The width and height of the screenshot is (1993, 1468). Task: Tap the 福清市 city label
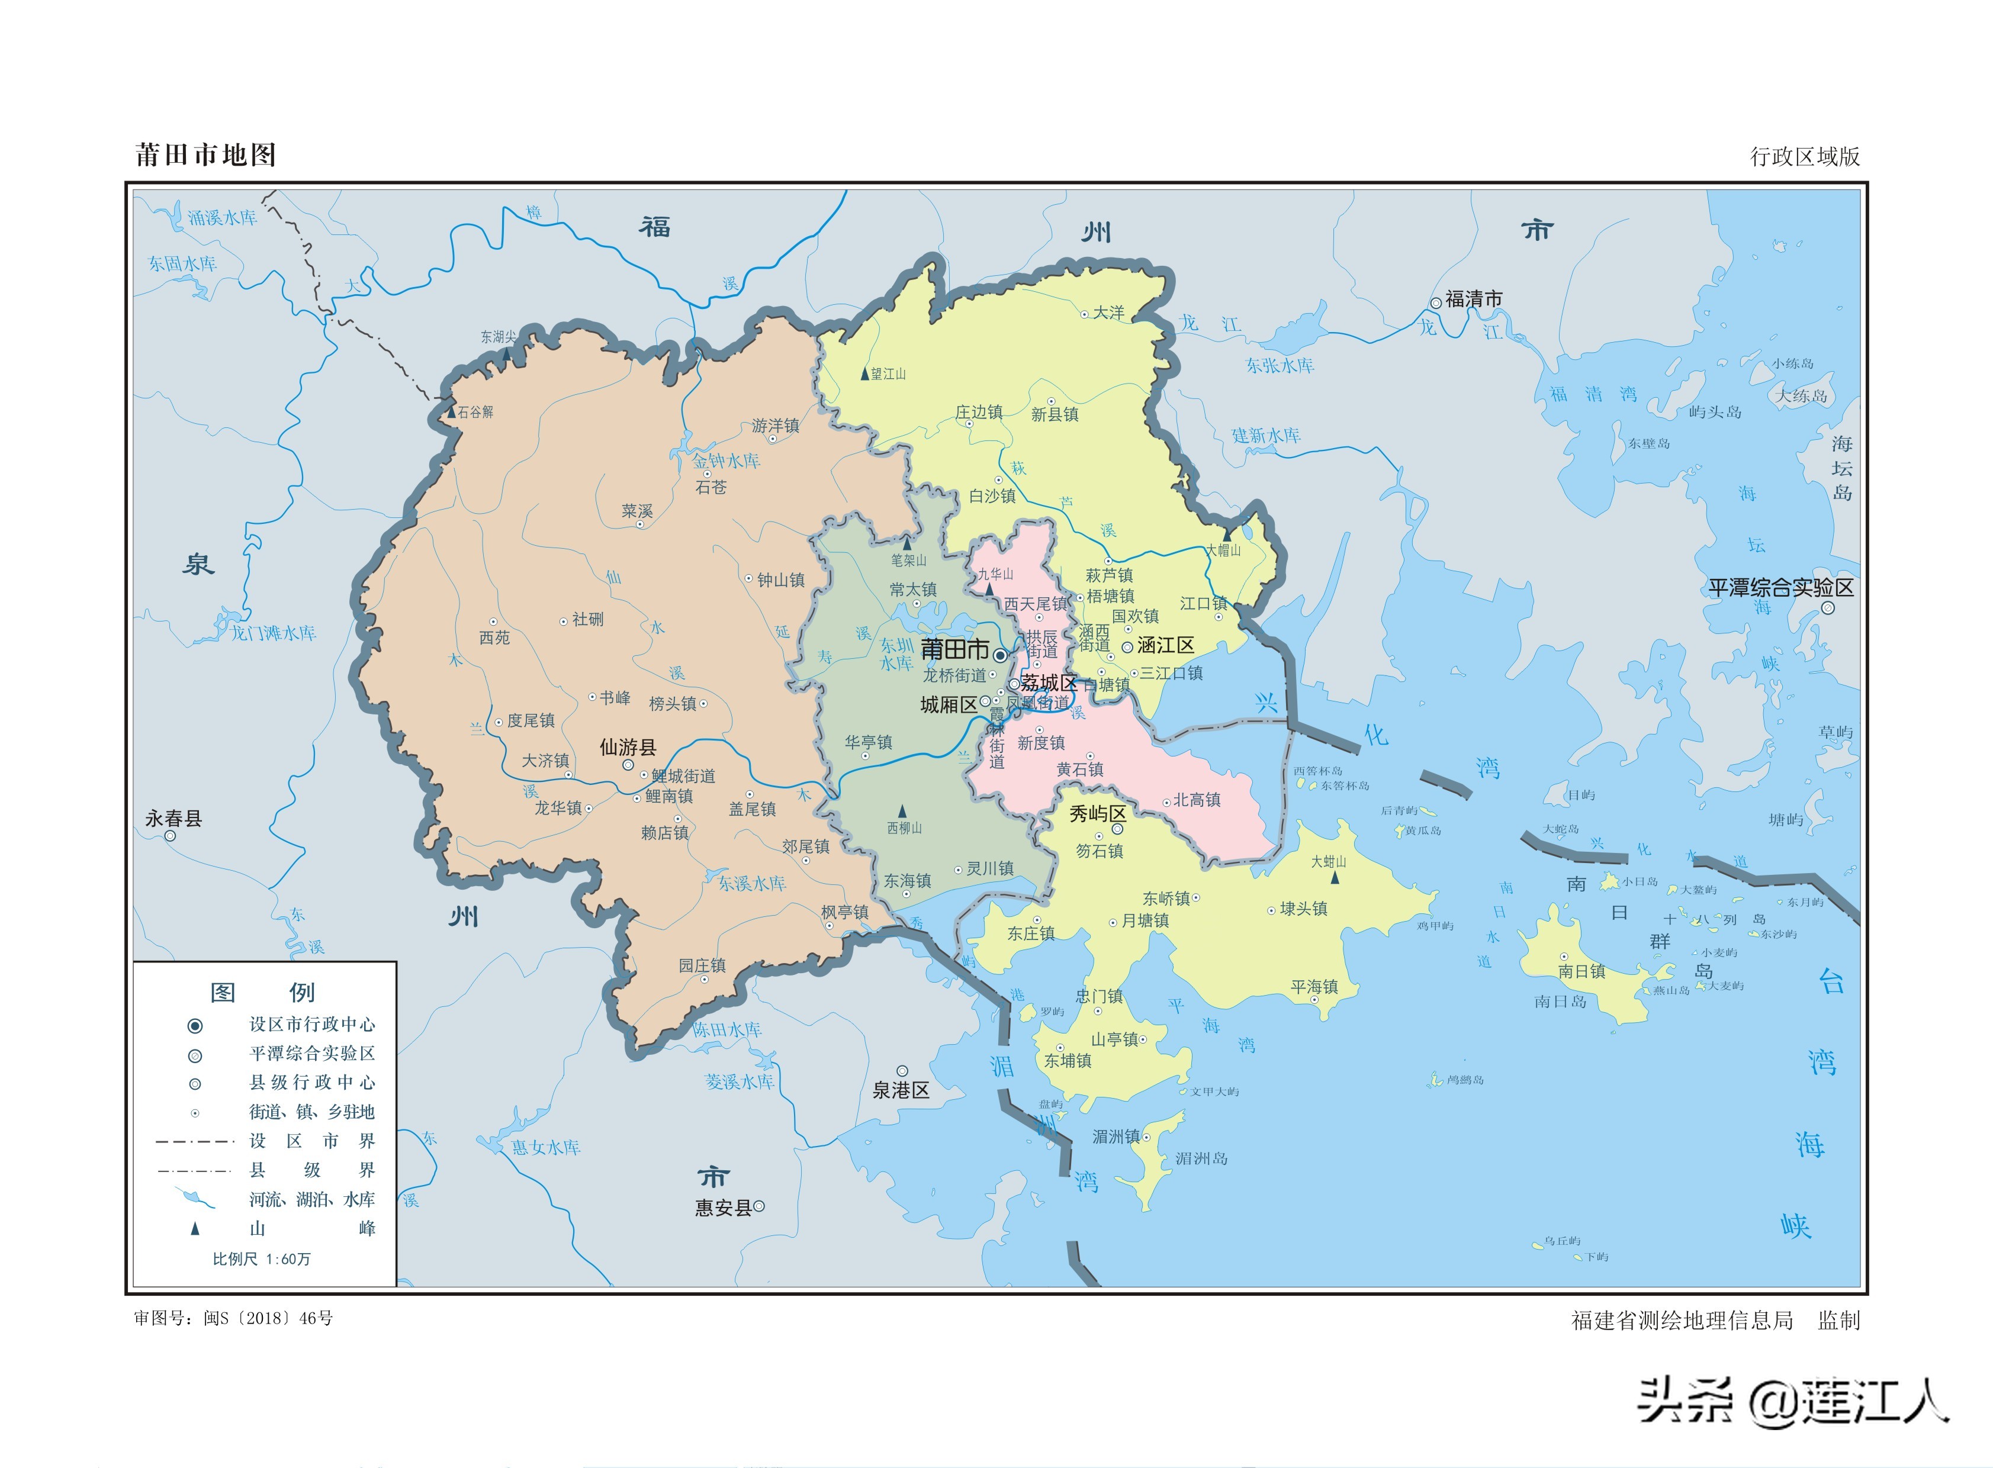[1473, 300]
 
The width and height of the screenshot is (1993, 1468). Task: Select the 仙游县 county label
[628, 748]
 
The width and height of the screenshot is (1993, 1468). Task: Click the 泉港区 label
[901, 1090]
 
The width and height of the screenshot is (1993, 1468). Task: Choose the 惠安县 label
[723, 1208]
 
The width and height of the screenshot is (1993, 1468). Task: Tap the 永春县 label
[174, 819]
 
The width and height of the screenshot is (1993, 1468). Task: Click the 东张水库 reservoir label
[1279, 365]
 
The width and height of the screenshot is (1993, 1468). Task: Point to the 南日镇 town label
[1581, 971]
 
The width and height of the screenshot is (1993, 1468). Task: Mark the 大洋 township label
[1108, 313]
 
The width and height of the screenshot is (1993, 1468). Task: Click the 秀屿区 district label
[1097, 813]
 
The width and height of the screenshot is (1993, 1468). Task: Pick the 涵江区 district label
[1165, 646]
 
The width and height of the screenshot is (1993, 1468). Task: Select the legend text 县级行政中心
[312, 1082]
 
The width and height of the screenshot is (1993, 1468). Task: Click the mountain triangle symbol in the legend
[195, 1229]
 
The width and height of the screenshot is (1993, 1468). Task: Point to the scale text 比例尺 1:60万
[261, 1259]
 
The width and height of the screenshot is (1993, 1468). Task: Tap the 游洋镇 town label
[775, 426]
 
